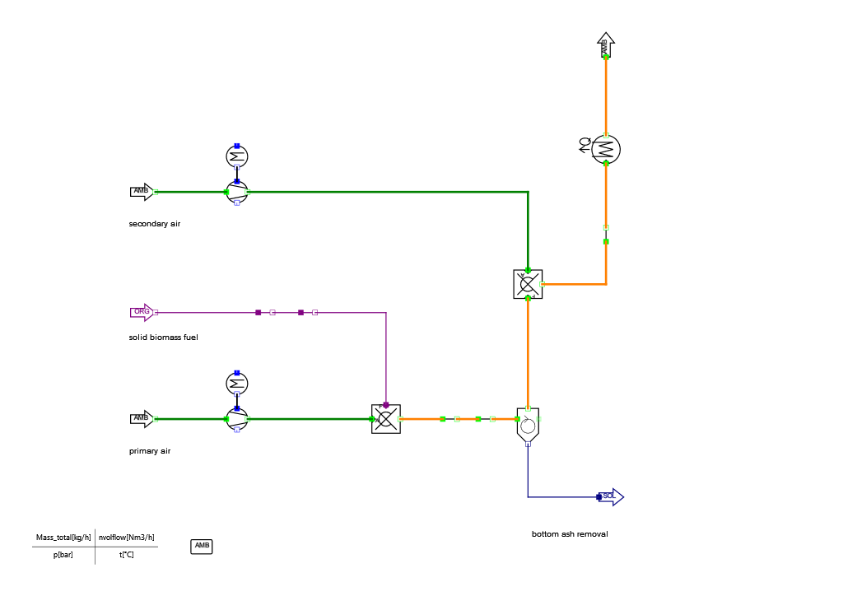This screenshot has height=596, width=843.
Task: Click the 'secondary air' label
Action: (154, 224)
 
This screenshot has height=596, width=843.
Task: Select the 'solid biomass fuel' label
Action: (163, 338)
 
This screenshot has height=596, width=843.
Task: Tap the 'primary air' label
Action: (150, 451)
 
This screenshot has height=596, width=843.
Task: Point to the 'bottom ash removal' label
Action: (570, 534)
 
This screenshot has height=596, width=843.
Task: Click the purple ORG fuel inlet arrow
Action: (142, 312)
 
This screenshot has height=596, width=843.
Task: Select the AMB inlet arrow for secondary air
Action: (142, 192)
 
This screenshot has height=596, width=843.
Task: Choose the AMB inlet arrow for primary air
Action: (142, 419)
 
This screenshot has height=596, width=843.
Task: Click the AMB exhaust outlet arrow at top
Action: (606, 46)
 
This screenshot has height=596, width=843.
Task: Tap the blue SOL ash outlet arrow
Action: (611, 496)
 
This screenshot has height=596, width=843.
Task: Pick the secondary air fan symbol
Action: (237, 192)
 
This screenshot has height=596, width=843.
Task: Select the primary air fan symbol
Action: (237, 419)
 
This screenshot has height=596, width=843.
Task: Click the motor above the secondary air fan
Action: (237, 156)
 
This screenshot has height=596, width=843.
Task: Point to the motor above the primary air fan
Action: (237, 384)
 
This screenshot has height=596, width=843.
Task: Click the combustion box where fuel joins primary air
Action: (386, 419)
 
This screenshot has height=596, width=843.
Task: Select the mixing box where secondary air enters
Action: (528, 284)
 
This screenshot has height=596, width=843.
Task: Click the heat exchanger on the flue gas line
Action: (606, 149)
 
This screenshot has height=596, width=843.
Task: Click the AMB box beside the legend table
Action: (202, 546)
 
